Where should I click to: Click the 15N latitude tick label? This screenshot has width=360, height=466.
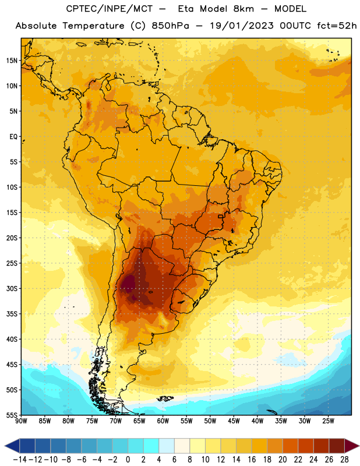point(12,61)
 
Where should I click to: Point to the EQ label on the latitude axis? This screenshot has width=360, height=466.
point(13,137)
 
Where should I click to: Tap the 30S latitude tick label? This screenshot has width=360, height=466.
point(12,288)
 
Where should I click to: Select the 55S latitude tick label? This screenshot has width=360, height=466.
point(12,415)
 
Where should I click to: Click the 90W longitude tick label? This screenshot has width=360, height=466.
point(21,421)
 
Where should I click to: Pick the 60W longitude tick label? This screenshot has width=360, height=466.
point(163,421)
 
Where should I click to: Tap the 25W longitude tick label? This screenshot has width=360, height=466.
point(328,421)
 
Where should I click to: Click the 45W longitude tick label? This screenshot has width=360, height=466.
point(234,421)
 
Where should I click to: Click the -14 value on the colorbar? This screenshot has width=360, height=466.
point(20,460)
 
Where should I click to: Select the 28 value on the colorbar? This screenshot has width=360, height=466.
point(344,460)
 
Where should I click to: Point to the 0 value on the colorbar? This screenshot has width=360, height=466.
point(128,460)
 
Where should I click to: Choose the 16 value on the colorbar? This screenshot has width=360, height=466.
point(252,460)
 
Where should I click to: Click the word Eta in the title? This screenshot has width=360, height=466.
point(185,9)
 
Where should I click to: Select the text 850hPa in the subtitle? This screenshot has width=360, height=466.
point(170,26)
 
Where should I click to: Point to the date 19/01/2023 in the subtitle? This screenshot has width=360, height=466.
point(242,26)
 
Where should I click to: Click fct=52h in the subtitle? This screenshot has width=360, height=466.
point(337,26)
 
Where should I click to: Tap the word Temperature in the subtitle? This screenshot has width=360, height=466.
point(93,26)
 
